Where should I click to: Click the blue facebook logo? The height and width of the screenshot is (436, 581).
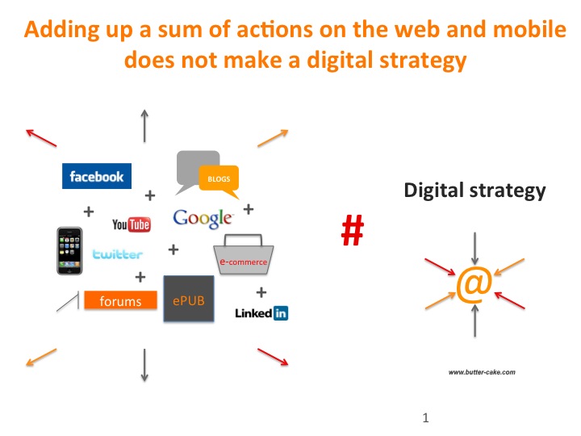click(x=97, y=176)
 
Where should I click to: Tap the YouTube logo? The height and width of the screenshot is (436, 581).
click(x=132, y=224)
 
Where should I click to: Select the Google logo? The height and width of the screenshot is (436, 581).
click(x=203, y=218)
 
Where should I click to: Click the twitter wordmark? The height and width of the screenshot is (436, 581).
click(x=117, y=254)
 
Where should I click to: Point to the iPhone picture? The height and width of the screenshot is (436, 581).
click(x=69, y=251)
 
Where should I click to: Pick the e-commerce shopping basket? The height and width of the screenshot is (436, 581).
click(x=244, y=254)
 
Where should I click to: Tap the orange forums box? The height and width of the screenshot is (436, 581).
click(x=120, y=300)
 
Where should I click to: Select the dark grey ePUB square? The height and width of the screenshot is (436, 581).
click(x=189, y=299)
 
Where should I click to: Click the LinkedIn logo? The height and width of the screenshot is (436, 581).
click(x=261, y=313)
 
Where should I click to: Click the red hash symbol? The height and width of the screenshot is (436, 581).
click(x=353, y=230)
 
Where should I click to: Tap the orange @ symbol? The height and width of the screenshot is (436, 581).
click(x=474, y=285)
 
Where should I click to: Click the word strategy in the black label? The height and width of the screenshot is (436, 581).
click(x=508, y=191)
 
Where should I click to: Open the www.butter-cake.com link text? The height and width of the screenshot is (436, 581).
click(x=482, y=372)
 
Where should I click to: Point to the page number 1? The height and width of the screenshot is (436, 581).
click(x=426, y=418)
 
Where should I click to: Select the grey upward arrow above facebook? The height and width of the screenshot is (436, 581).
click(x=144, y=126)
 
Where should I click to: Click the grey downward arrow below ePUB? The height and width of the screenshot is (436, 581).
click(x=144, y=365)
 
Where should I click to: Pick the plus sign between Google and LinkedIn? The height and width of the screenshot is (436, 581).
click(x=261, y=292)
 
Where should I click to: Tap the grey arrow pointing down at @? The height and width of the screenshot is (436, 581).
click(x=474, y=249)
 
